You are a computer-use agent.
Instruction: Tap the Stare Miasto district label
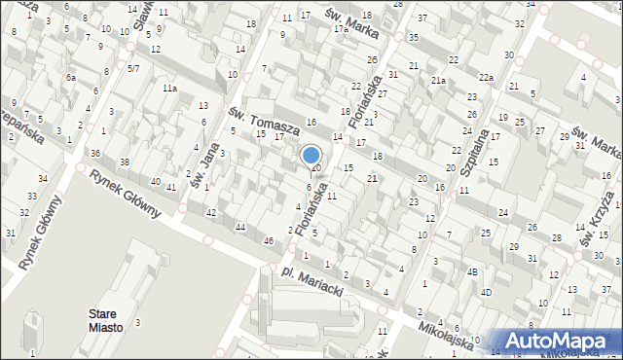106,321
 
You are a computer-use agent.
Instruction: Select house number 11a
170,89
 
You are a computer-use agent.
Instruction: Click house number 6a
70,77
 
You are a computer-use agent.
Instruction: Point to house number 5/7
133,69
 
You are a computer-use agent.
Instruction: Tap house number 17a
341,29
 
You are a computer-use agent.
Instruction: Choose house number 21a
439,80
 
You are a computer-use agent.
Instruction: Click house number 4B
472,271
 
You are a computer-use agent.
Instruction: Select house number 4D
486,292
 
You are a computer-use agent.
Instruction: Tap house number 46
268,240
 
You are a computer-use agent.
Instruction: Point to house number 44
240,227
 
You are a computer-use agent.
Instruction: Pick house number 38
125,162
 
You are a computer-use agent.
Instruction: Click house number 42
210,212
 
